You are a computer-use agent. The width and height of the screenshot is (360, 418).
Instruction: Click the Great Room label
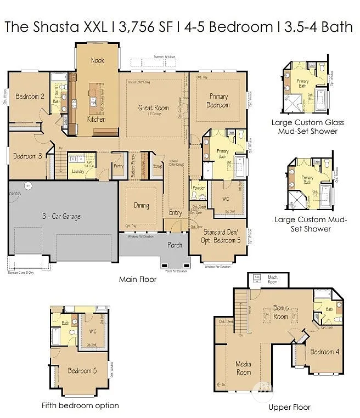(x=153, y=108)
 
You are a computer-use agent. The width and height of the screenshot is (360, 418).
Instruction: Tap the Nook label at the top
(x=97, y=60)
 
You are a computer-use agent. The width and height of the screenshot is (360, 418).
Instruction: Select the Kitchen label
(x=96, y=119)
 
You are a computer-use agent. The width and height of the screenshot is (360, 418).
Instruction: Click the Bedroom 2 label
(x=30, y=97)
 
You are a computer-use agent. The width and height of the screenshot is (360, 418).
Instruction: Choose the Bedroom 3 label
(x=27, y=156)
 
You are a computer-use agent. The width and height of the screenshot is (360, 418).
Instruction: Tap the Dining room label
(x=141, y=206)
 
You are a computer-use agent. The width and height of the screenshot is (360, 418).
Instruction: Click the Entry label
(x=176, y=213)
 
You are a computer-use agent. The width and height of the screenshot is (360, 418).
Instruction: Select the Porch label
(x=175, y=245)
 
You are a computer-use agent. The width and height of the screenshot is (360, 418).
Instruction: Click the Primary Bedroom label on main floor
(x=218, y=101)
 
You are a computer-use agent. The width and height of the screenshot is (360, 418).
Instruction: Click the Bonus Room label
(x=280, y=313)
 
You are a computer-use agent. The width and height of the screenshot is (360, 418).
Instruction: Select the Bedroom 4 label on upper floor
(x=324, y=352)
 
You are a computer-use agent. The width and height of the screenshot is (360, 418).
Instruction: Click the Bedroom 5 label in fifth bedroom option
(x=82, y=371)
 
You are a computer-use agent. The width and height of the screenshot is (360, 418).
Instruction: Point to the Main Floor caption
(x=138, y=279)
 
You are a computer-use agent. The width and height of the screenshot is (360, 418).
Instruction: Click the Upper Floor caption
(x=289, y=407)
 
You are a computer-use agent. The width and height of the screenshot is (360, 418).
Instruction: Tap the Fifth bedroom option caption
(x=80, y=405)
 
